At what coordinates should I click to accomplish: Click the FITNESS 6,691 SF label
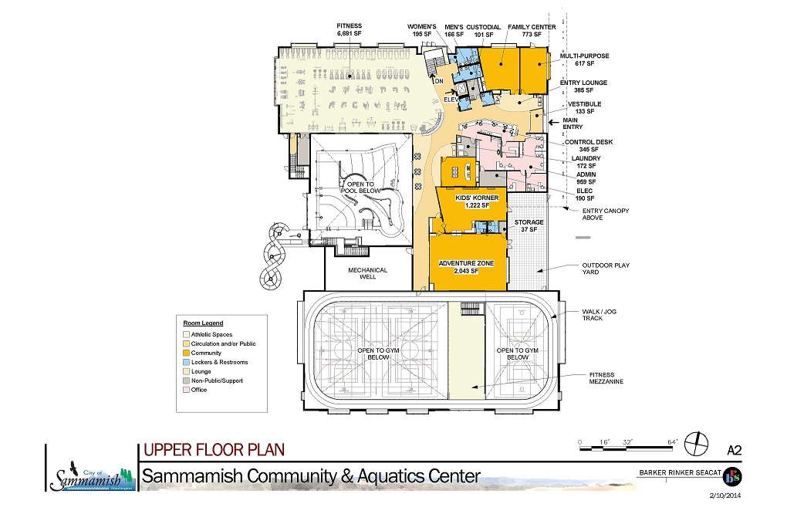350,29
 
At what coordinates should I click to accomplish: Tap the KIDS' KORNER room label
477,198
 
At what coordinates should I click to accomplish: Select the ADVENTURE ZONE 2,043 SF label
466,267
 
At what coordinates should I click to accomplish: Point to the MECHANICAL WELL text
368,273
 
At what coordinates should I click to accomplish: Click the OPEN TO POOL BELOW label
361,188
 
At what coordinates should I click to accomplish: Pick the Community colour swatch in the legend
186,353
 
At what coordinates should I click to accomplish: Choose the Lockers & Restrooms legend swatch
186,362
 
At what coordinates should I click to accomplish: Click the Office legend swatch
186,390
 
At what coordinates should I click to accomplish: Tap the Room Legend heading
203,323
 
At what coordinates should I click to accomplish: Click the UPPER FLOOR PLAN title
214,450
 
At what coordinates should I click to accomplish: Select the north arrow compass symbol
696,444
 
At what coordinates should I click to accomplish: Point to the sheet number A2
734,450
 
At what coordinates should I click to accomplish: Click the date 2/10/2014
725,495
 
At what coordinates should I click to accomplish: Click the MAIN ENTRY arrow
554,122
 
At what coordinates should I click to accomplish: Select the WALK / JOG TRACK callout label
599,315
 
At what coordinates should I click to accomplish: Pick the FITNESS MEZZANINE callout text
606,378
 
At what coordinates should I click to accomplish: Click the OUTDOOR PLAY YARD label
606,269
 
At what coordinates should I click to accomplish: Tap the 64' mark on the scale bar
672,442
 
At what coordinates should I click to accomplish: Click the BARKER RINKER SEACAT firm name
680,473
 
